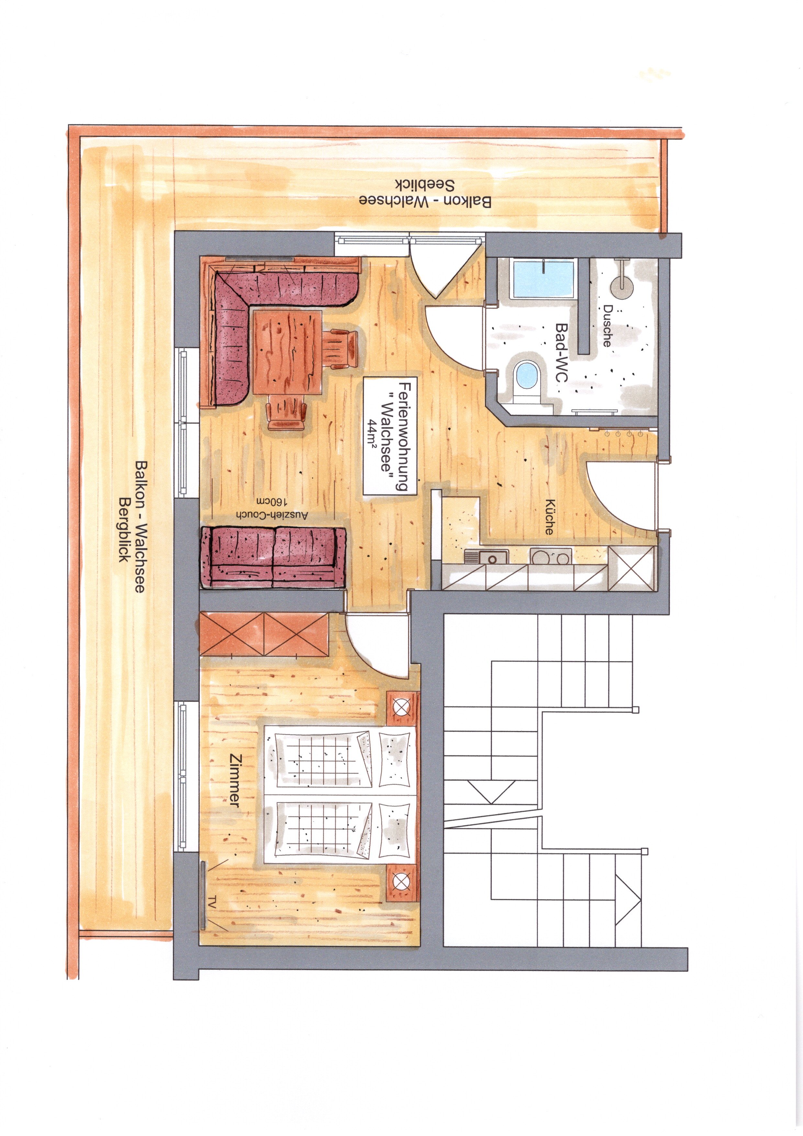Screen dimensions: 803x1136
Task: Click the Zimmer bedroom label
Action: (235, 787)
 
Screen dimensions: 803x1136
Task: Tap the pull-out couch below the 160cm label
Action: (273, 557)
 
